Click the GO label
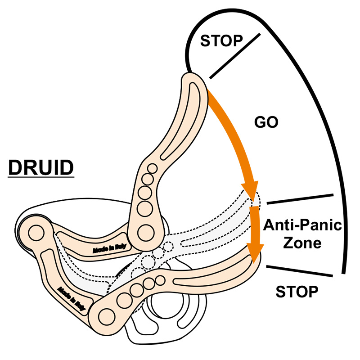[266, 122]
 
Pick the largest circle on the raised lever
[145, 232]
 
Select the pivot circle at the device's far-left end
[35, 233]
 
